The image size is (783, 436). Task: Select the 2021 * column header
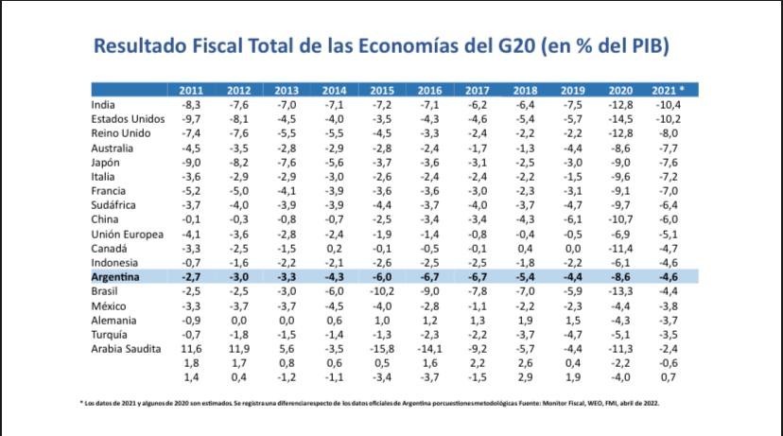point(668,90)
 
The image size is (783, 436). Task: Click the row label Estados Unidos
point(128,118)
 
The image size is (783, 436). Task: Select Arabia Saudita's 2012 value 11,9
point(239,349)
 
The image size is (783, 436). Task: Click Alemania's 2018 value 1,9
point(525,321)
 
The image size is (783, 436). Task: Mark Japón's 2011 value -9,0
point(191,161)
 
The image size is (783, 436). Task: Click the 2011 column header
point(191,90)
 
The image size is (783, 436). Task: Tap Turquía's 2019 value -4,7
point(572,335)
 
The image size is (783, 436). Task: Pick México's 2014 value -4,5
point(334,306)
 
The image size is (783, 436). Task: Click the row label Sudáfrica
point(116,204)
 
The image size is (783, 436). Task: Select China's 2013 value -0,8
point(287,219)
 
